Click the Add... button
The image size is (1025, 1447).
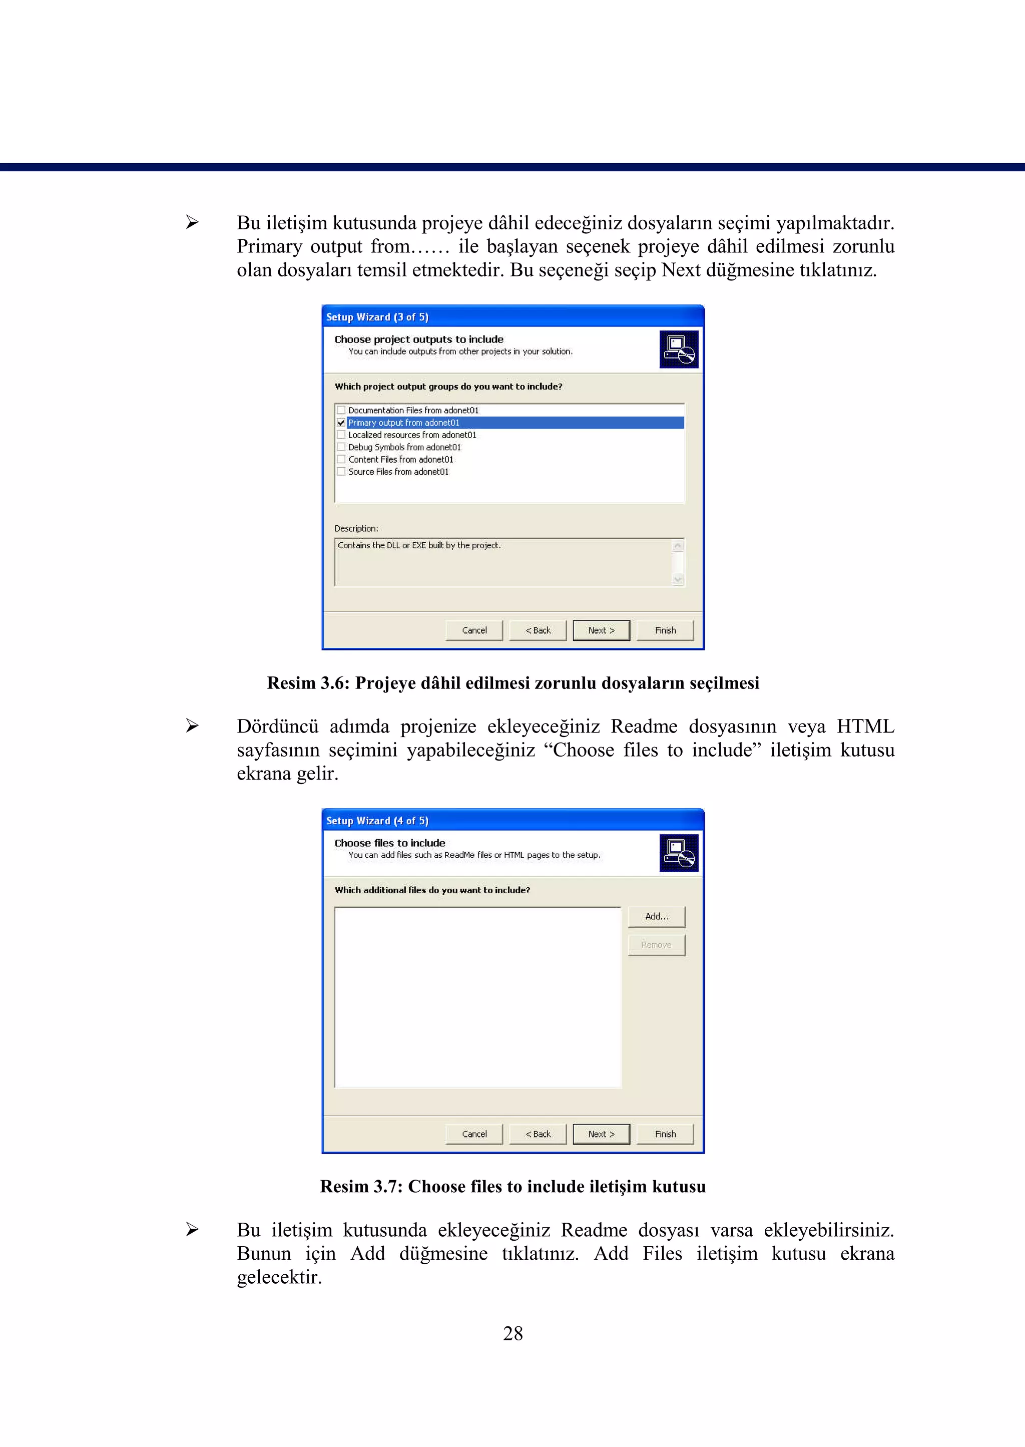pos(657,916)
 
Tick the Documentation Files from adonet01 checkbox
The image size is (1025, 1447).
pos(341,411)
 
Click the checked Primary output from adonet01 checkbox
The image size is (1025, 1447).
pos(341,423)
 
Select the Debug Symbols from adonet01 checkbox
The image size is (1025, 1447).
pos(341,447)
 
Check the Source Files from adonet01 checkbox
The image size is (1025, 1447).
pos(341,472)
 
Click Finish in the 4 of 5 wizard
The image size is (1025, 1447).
pos(665,1134)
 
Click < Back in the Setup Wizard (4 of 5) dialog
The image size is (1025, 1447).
pos(538,1134)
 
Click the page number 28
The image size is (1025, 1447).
pos(512,1333)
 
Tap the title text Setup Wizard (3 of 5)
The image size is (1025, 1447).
pos(377,317)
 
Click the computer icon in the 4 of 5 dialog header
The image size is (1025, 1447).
pos(679,853)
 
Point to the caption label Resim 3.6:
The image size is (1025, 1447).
pos(308,683)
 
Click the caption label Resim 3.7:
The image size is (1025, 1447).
pos(361,1186)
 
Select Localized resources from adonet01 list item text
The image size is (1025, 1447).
pos(412,435)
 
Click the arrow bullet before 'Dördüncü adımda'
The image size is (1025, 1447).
pos(192,726)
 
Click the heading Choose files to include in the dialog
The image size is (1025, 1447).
pos(389,843)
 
